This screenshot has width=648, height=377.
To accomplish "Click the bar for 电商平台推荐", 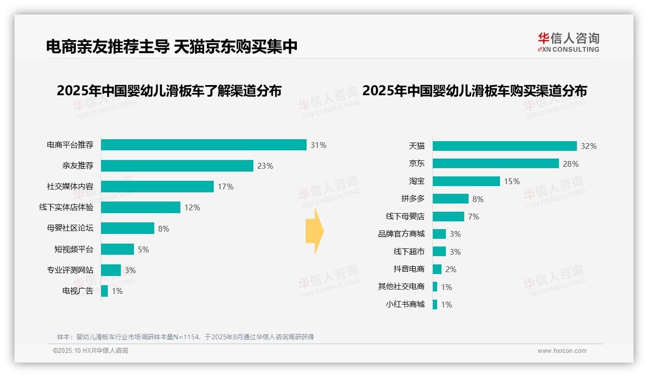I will pos(204,145).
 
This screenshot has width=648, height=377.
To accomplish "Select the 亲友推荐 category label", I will pos(77,166).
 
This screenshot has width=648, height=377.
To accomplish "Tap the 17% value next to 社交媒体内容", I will pos(225,187).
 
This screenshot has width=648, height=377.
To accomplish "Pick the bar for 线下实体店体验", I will pos(141,207).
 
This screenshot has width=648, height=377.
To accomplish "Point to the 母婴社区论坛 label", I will pos(70,228).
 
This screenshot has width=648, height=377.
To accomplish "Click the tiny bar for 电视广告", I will pos(104,291).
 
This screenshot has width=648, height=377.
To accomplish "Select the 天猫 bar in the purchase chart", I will pos(504,146).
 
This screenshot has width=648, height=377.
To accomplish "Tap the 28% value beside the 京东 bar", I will pos(571,164).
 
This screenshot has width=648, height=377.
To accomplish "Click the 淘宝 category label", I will pos(416,181).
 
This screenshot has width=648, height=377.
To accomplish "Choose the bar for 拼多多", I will pos(450,199).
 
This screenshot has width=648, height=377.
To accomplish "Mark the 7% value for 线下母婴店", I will pos(473,217).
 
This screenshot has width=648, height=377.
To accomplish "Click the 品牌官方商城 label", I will pos(401,234).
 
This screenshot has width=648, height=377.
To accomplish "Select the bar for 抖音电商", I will pos(437,269).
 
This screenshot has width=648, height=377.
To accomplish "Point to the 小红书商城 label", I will pos(405,304).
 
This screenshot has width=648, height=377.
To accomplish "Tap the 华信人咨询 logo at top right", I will pos(568,43).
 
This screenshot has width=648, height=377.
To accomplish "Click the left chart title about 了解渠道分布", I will pos(169,91).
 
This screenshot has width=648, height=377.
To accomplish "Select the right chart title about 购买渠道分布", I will pos(474,91).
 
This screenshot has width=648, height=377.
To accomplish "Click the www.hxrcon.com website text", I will pos(561,351).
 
